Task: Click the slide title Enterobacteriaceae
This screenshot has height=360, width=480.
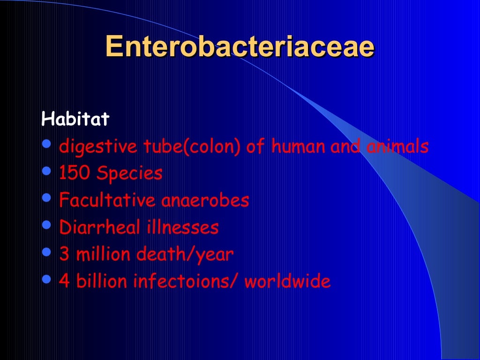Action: pos(240,46)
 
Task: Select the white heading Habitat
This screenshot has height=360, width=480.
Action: pos(75,119)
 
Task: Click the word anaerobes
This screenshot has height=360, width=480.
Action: pos(205,201)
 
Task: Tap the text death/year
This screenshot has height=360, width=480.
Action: pos(185,255)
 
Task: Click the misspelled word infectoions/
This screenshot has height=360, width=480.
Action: pos(186,282)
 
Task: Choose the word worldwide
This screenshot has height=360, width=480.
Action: pos(287,282)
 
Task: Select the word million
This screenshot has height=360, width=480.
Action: pos(103,255)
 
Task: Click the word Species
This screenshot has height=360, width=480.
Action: pos(129,174)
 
